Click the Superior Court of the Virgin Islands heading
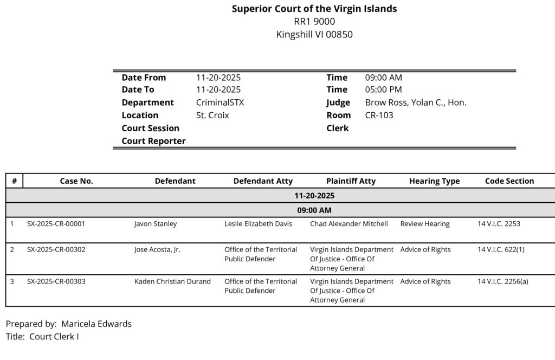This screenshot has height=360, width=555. pyautogui.click(x=314, y=9)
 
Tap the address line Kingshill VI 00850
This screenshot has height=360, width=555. pyautogui.click(x=314, y=34)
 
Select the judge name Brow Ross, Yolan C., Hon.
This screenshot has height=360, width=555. pyautogui.click(x=415, y=102)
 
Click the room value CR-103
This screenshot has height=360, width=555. pyautogui.click(x=379, y=115)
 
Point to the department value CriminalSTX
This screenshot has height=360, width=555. pyautogui.click(x=220, y=102)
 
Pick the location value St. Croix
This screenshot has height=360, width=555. pyautogui.click(x=212, y=115)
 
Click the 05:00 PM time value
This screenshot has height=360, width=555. pyautogui.click(x=383, y=89)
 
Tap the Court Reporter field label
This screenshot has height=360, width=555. pyautogui.click(x=153, y=141)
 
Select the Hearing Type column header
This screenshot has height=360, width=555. pyautogui.click(x=434, y=181)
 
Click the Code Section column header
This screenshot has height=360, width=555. pyautogui.click(x=509, y=181)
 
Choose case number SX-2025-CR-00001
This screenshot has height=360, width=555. pyautogui.click(x=56, y=223)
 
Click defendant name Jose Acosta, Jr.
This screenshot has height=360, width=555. pyautogui.click(x=157, y=249)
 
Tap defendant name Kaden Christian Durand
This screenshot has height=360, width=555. pyautogui.click(x=172, y=281)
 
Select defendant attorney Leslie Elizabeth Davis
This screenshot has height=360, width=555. pyautogui.click(x=258, y=223)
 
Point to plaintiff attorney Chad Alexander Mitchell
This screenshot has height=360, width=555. pyautogui.click(x=349, y=223)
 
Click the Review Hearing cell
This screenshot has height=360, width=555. pyautogui.click(x=425, y=223)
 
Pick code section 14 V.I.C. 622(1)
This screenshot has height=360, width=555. pyautogui.click(x=501, y=249)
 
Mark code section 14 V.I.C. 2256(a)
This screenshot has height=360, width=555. pyautogui.click(x=502, y=281)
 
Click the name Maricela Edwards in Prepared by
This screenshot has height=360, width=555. pyautogui.click(x=96, y=324)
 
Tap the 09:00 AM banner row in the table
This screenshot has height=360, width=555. pyautogui.click(x=314, y=210)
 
